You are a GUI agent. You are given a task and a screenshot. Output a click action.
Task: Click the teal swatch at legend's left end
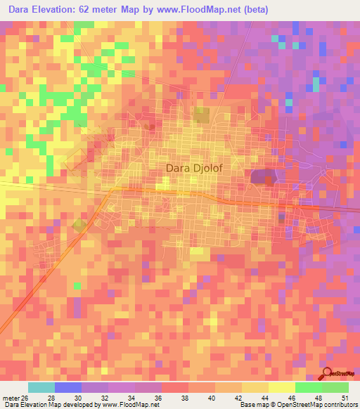point(41,388)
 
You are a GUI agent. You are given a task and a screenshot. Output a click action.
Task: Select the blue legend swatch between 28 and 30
point(68,388)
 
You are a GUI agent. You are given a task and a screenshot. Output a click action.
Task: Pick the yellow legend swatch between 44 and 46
point(282,388)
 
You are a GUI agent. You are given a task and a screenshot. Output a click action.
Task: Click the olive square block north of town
point(202,115)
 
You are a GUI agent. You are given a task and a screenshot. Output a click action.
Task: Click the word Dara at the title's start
point(22,10)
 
